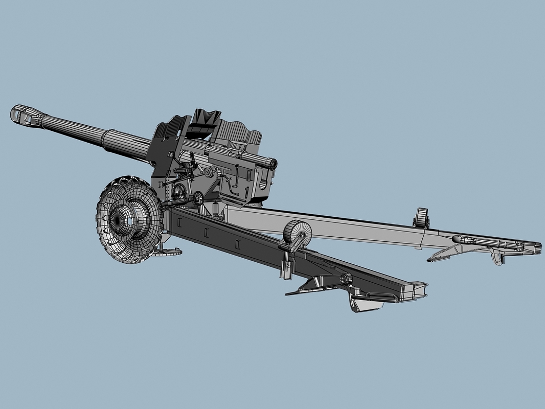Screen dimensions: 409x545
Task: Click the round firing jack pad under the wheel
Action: [168, 251]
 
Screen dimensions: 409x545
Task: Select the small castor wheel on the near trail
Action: [298, 233]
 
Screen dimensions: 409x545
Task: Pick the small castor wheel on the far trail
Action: [421, 217]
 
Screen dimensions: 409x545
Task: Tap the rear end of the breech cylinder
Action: [271, 164]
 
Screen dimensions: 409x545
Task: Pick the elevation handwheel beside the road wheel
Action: [179, 191]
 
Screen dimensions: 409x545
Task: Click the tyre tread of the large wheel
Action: [102, 225]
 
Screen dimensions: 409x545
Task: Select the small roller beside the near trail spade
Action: [347, 278]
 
